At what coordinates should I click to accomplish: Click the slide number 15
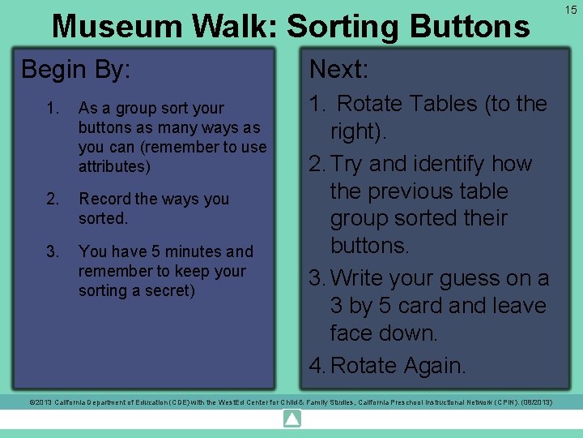pos(571,9)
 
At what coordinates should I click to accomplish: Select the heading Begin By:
pos(75,69)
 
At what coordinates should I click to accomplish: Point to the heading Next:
pos(338,69)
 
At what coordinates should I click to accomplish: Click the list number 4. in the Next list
pos(317,366)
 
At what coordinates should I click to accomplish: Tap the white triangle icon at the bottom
pos(291,419)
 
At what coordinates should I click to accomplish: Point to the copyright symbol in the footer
pos(32,402)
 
